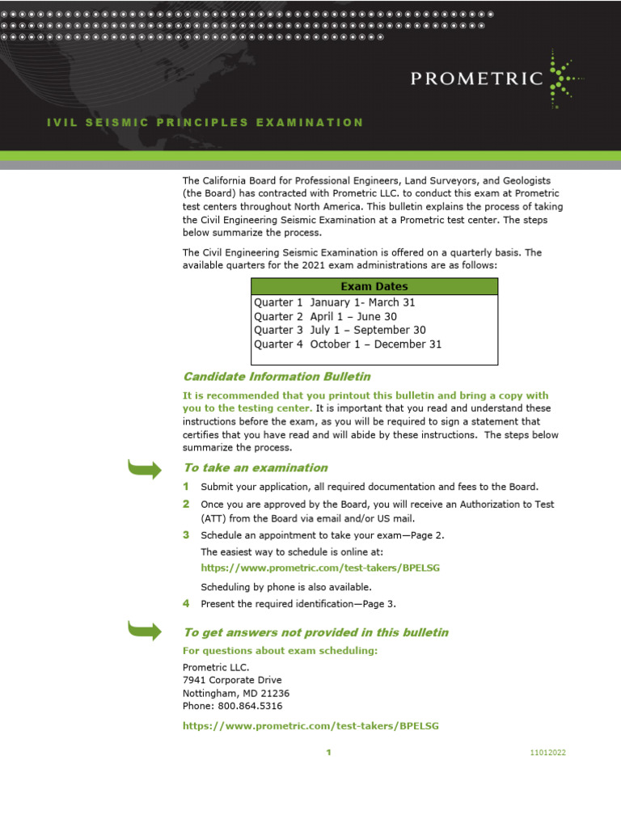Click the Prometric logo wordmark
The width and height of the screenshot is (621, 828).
pos(476,78)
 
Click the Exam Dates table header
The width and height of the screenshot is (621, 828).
pos(374,286)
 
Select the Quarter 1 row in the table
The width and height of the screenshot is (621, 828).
pos(335,302)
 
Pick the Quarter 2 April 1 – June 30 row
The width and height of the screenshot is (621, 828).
pos(325,316)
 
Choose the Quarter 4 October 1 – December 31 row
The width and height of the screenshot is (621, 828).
pos(348,344)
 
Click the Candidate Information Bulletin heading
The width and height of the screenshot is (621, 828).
pos(277,376)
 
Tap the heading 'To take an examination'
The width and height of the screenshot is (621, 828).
pos(255,467)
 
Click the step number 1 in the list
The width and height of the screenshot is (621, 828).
pos(186,486)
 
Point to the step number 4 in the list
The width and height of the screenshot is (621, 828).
pos(186,603)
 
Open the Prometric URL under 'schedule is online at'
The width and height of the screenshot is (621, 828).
pos(319,568)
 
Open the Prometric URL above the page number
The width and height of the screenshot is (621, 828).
pos(310,726)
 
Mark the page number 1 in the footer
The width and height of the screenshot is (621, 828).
pos(328,753)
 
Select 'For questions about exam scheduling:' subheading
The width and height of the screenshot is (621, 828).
pos(280,651)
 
